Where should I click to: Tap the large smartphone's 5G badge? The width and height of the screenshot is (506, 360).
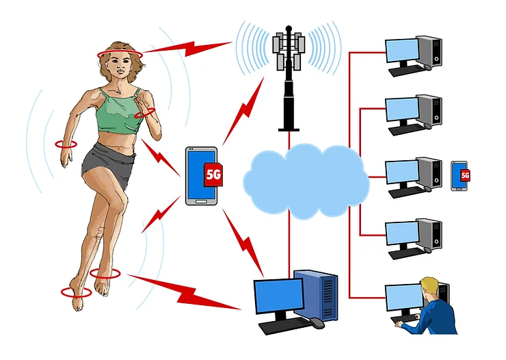213,175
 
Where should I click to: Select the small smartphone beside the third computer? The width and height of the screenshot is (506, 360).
460,175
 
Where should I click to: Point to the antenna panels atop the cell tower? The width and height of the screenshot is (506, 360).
289,45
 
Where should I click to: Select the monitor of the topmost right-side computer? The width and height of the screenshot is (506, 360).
402,51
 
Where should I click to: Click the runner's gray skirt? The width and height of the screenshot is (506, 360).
108,164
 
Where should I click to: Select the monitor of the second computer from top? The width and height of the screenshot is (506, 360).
402,110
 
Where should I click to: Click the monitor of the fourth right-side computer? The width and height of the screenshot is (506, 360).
402,233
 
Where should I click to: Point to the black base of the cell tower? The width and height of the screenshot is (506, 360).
288,125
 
